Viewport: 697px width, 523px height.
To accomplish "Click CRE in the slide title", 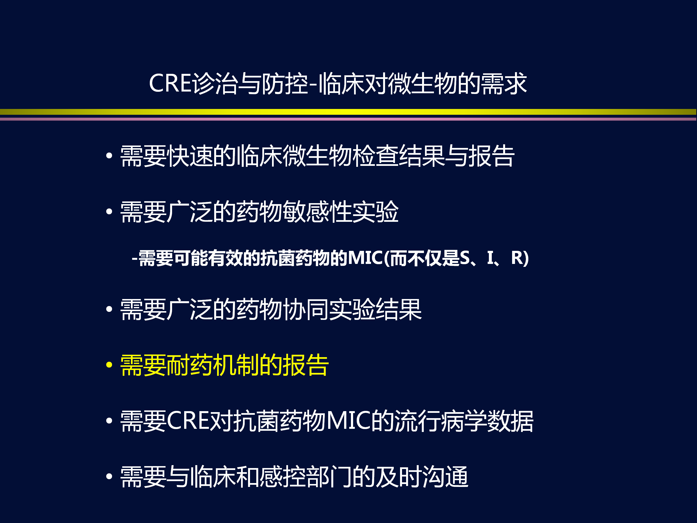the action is [170, 83].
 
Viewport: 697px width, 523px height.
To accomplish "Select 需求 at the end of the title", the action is [504, 83].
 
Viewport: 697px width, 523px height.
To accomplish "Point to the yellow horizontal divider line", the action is [348, 112].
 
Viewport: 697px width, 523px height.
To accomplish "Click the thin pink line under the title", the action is [348, 119].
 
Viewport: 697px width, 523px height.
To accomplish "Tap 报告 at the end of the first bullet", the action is [492, 156].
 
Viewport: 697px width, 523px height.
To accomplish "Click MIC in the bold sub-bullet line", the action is [365, 258].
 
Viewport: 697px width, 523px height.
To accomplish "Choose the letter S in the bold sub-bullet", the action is [465, 258].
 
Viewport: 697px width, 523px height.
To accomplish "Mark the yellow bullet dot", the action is [109, 365].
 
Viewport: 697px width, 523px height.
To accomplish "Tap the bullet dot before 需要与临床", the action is [109, 476].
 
